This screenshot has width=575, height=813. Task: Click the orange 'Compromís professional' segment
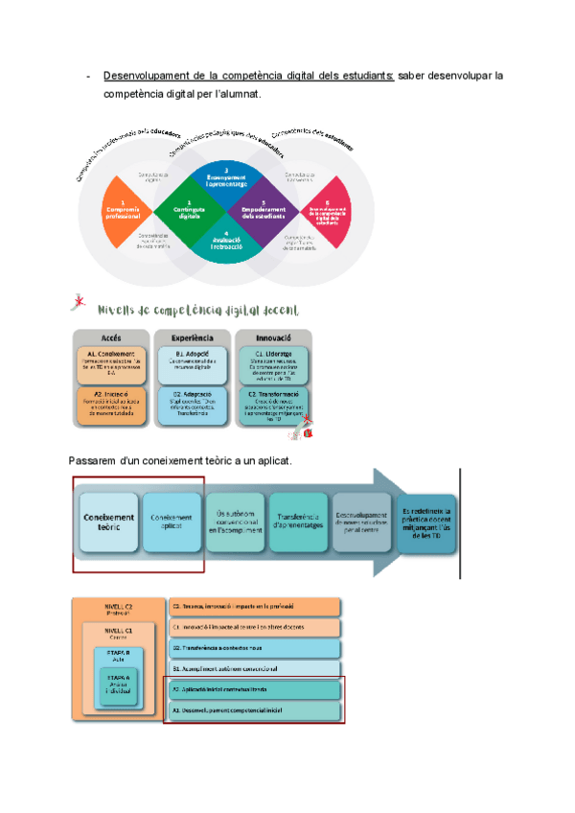[125, 209]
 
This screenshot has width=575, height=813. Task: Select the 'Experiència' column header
[192, 338]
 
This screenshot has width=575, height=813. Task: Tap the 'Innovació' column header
[273, 338]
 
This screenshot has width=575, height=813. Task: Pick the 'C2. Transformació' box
[273, 406]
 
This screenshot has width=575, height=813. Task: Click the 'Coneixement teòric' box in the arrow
[108, 523]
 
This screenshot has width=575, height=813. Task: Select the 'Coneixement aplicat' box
[172, 523]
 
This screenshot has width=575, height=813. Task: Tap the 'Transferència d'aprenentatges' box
[297, 523]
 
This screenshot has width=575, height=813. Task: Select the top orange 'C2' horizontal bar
[255, 606]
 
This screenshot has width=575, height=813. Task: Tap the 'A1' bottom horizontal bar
[255, 710]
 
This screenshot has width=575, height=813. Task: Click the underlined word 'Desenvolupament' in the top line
[143, 75]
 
